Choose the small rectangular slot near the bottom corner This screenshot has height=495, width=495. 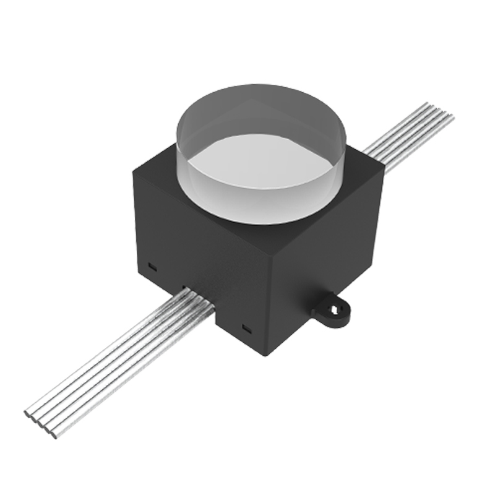point(246,327)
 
